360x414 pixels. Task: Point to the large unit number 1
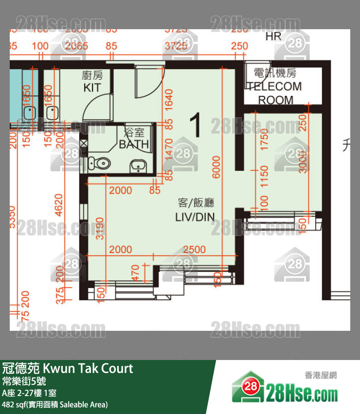[196, 125]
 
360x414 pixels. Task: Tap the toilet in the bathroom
[103, 164]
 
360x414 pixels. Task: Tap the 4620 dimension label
[59, 205]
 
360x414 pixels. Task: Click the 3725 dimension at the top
[177, 46]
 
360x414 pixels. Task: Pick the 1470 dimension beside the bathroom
[169, 149]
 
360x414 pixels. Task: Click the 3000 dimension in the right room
[303, 160]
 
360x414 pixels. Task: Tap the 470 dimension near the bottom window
[136, 273]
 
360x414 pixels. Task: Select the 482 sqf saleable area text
[54, 404]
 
